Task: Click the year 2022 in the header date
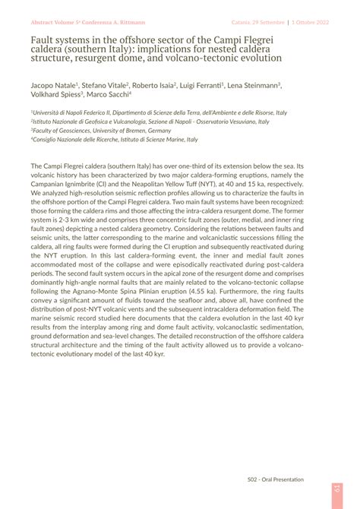click(x=321, y=23)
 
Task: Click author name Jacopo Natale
click(x=53, y=87)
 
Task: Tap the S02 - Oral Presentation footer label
click(x=275, y=479)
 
